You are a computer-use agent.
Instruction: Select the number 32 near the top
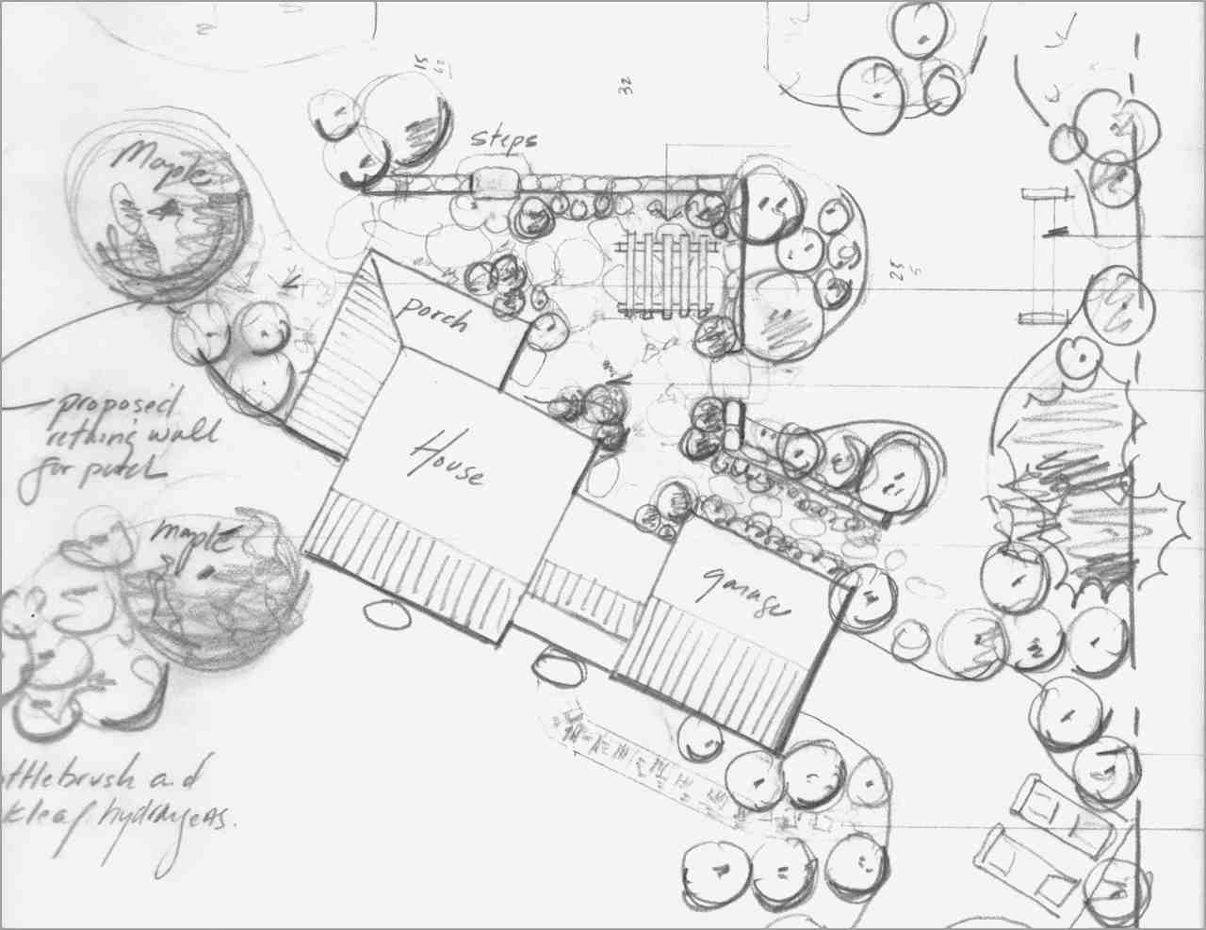(625, 88)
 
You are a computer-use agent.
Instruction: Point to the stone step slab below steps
(495, 179)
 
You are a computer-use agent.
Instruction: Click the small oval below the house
(387, 614)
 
